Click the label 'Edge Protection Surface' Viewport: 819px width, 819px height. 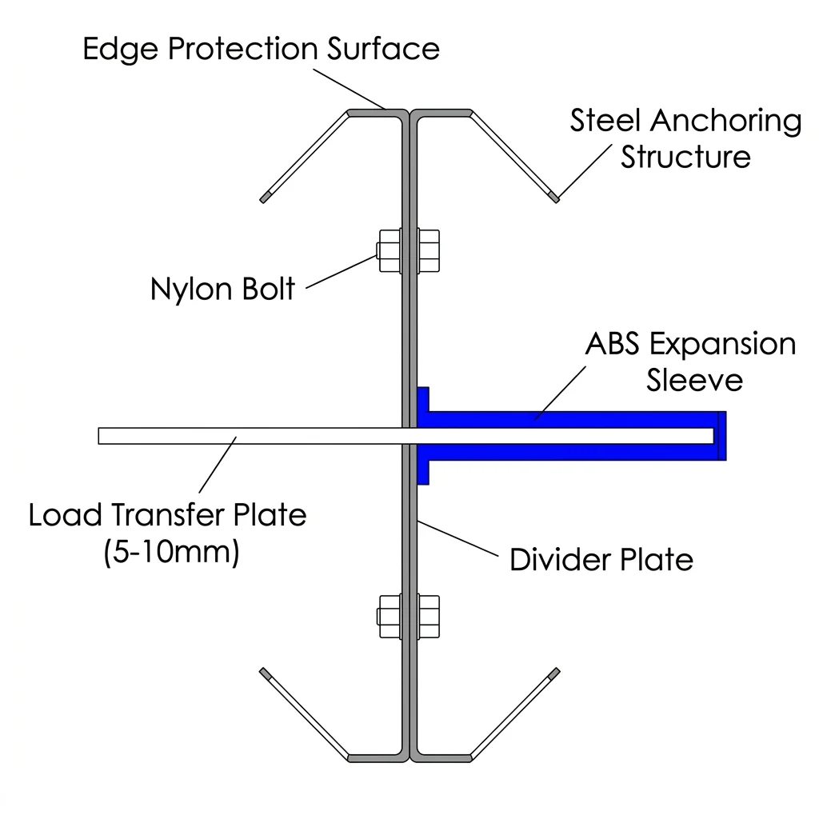[x=261, y=49]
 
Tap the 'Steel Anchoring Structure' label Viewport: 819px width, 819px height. [x=685, y=138]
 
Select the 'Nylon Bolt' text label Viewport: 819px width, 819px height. [x=222, y=288]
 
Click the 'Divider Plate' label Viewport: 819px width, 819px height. [x=601, y=560]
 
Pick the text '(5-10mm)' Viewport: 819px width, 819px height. [x=171, y=553]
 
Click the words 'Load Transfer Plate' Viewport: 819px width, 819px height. [x=167, y=514]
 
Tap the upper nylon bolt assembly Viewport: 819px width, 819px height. [x=408, y=251]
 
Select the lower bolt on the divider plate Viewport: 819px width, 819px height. [x=408, y=617]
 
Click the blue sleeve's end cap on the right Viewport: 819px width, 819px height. [x=721, y=436]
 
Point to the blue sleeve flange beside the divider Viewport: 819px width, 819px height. [x=423, y=436]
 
